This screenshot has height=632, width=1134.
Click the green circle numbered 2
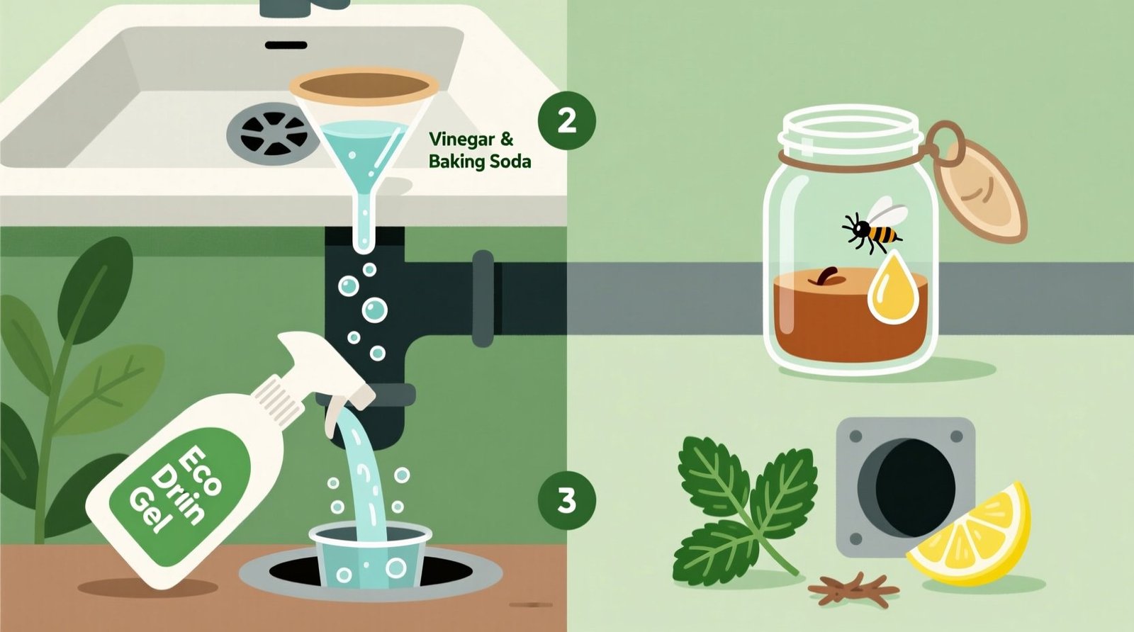point(566,121)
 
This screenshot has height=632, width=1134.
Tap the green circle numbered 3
point(566,501)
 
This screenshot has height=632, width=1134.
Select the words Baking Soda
point(480,162)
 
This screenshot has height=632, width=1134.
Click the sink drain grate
point(273,132)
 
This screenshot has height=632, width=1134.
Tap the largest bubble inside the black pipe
point(374,310)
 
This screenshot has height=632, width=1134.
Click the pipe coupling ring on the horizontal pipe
point(483,298)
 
